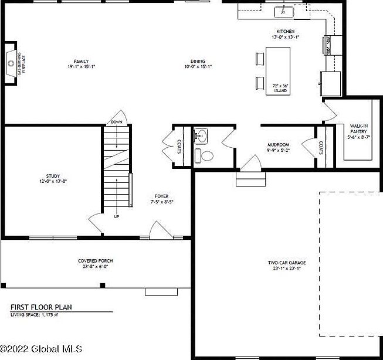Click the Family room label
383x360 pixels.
[x=81, y=64]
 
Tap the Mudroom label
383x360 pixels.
[x=278, y=147]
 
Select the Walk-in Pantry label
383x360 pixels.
[x=359, y=132]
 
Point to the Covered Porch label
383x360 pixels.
[x=96, y=263]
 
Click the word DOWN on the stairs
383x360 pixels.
[x=116, y=123]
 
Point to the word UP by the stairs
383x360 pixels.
[x=116, y=216]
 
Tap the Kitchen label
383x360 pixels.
[x=285, y=34]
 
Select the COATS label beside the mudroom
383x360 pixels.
[x=321, y=148]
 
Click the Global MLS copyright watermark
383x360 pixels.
[x=38, y=353]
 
